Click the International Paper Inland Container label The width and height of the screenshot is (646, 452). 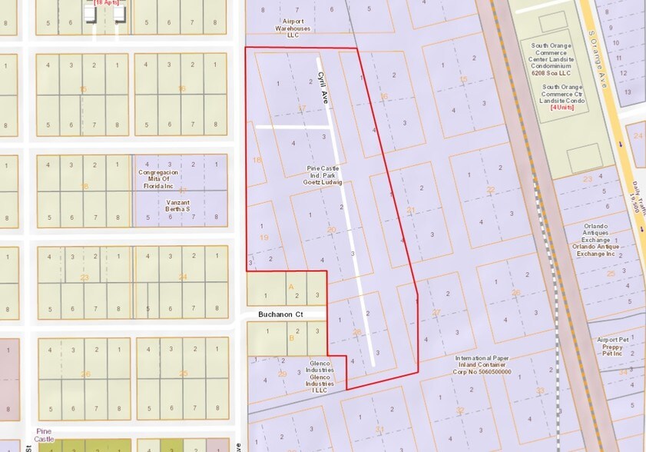(x=482, y=365)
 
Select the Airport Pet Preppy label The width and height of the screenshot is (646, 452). (x=618, y=346)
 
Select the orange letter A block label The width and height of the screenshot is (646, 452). (x=290, y=284)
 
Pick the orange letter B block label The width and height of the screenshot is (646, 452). (x=290, y=337)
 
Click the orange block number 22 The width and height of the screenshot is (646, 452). (x=491, y=189)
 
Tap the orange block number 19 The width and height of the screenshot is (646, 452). (x=263, y=238)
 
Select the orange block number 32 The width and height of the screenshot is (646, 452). (x=459, y=410)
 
